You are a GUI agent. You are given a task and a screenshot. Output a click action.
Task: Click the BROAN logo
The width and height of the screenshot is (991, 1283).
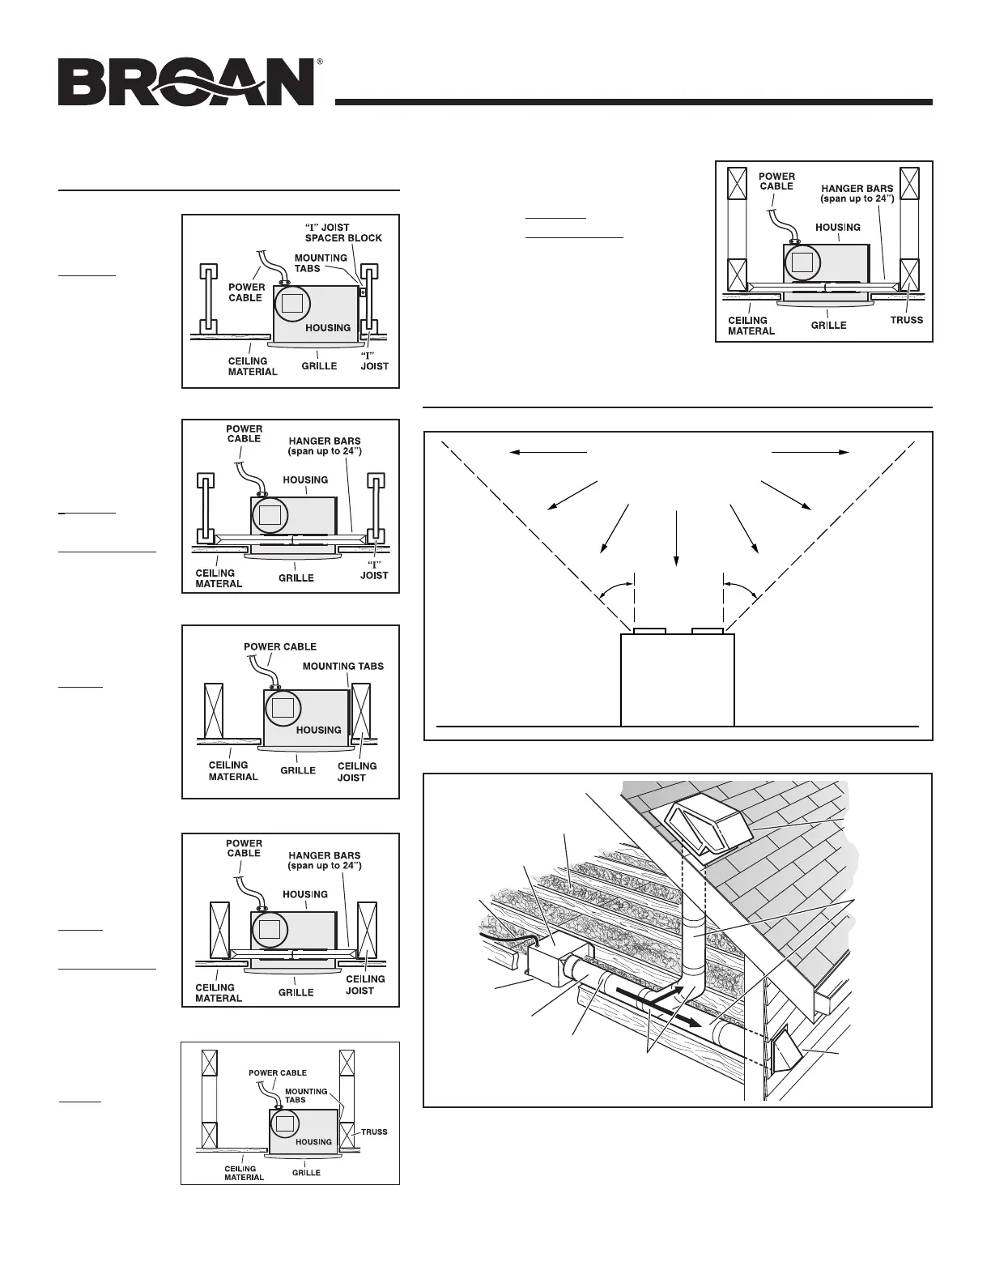pyautogui.click(x=185, y=81)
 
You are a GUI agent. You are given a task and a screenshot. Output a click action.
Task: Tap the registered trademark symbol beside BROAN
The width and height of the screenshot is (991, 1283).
pyautogui.click(x=320, y=62)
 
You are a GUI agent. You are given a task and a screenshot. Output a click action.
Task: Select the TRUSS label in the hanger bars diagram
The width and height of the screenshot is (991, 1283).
pyautogui.click(x=905, y=320)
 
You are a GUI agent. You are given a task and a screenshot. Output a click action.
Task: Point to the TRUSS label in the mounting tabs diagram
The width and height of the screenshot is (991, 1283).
pyautogui.click(x=374, y=1132)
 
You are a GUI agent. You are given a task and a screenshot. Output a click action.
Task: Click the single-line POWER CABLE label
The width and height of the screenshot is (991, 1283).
pyautogui.click(x=280, y=646)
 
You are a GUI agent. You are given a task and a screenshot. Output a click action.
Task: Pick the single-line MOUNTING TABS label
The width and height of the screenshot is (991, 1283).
pyautogui.click(x=342, y=666)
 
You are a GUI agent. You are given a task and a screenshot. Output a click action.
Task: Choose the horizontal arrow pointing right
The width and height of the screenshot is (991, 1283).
pyautogui.click(x=810, y=452)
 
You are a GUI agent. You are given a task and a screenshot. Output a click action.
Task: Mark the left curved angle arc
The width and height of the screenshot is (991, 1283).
pyautogui.click(x=615, y=587)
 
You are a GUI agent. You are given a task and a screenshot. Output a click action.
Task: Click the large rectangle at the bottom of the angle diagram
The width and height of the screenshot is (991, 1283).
pyautogui.click(x=677, y=679)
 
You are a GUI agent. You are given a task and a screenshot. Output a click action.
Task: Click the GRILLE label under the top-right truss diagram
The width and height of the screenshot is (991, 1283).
pyautogui.click(x=828, y=325)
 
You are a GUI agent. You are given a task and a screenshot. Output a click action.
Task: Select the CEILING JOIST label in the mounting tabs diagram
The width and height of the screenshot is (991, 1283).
pyautogui.click(x=356, y=771)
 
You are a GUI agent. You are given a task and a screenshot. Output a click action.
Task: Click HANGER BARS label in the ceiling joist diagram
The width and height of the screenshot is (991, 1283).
pyautogui.click(x=324, y=860)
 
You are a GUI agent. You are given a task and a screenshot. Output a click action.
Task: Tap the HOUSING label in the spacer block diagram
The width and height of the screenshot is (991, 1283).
pyautogui.click(x=328, y=327)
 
